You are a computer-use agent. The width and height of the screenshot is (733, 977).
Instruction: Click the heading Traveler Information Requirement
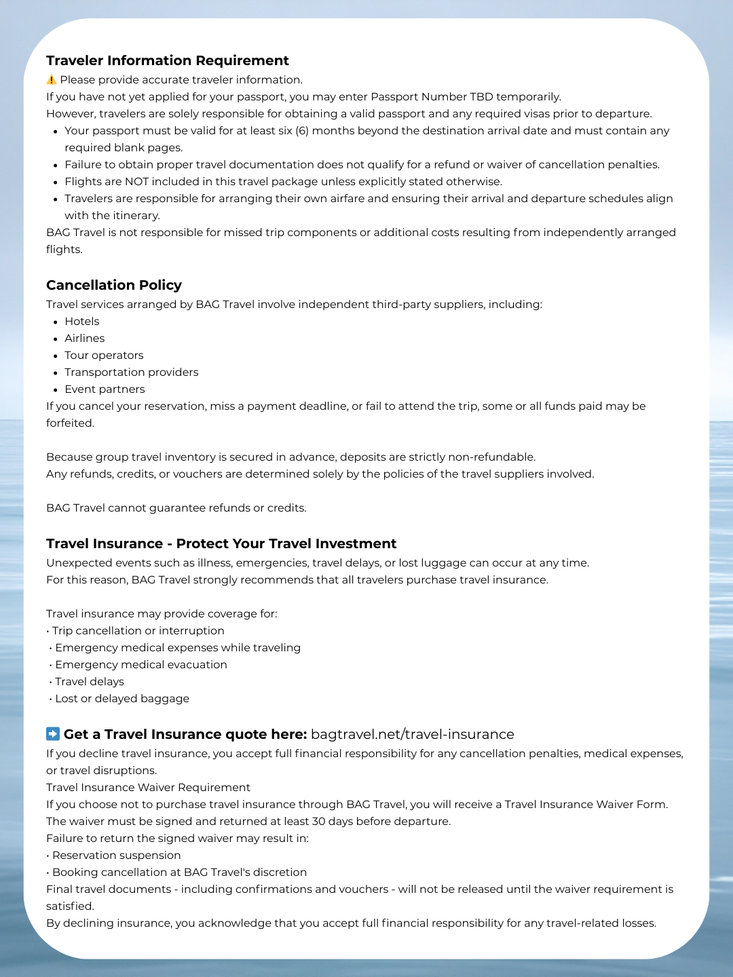[167, 60]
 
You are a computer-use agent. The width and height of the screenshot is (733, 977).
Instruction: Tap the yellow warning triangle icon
[52, 80]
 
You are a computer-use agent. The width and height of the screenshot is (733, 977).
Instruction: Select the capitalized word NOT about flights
[136, 182]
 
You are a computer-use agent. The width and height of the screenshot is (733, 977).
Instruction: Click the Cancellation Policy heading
[114, 285]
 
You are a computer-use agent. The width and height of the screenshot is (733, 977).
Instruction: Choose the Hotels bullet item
[82, 322]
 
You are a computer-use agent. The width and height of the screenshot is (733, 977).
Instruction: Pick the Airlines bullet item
[85, 339]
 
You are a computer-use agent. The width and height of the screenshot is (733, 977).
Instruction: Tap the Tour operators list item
[104, 356]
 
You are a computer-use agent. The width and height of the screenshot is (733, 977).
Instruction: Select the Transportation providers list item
[132, 372]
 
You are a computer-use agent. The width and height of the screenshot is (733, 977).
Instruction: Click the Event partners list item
[105, 389]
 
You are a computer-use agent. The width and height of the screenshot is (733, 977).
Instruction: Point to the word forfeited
[70, 423]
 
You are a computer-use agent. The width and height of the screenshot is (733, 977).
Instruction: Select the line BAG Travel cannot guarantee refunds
[176, 508]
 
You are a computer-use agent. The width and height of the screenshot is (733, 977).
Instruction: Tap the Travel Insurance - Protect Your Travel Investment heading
[221, 543]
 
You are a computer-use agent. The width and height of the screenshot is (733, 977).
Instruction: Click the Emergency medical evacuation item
[141, 665]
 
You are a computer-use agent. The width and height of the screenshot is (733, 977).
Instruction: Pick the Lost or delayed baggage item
[122, 699]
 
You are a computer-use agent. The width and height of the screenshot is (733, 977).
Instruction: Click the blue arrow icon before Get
[53, 734]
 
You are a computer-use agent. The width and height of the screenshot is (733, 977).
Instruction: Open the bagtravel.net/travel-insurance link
[412, 734]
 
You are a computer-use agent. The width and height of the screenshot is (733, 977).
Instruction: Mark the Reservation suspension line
[116, 856]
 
